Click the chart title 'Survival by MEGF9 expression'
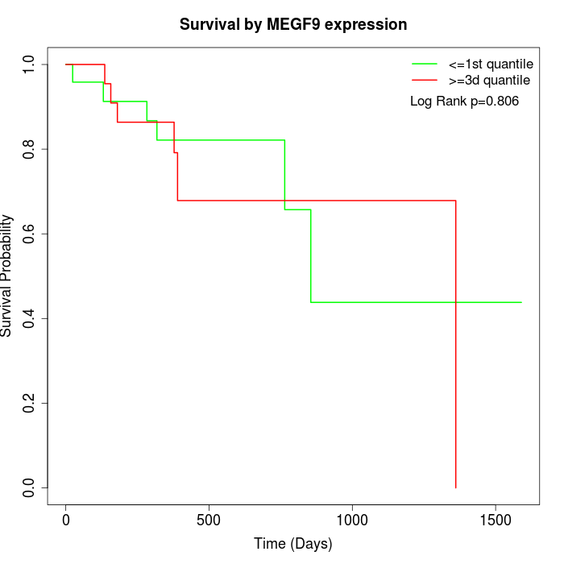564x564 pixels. point(293,24)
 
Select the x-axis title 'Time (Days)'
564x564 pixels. point(293,544)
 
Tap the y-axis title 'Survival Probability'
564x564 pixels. point(7,276)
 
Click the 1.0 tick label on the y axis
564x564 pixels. point(30,64)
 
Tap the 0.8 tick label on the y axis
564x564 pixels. point(30,149)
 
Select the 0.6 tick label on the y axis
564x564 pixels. point(30,234)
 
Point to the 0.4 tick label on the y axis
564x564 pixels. point(30,318)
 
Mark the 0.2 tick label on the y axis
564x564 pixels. point(30,403)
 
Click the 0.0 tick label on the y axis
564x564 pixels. point(30,487)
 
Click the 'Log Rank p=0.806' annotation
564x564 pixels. point(464,102)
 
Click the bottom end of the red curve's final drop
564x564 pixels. point(456,487)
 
